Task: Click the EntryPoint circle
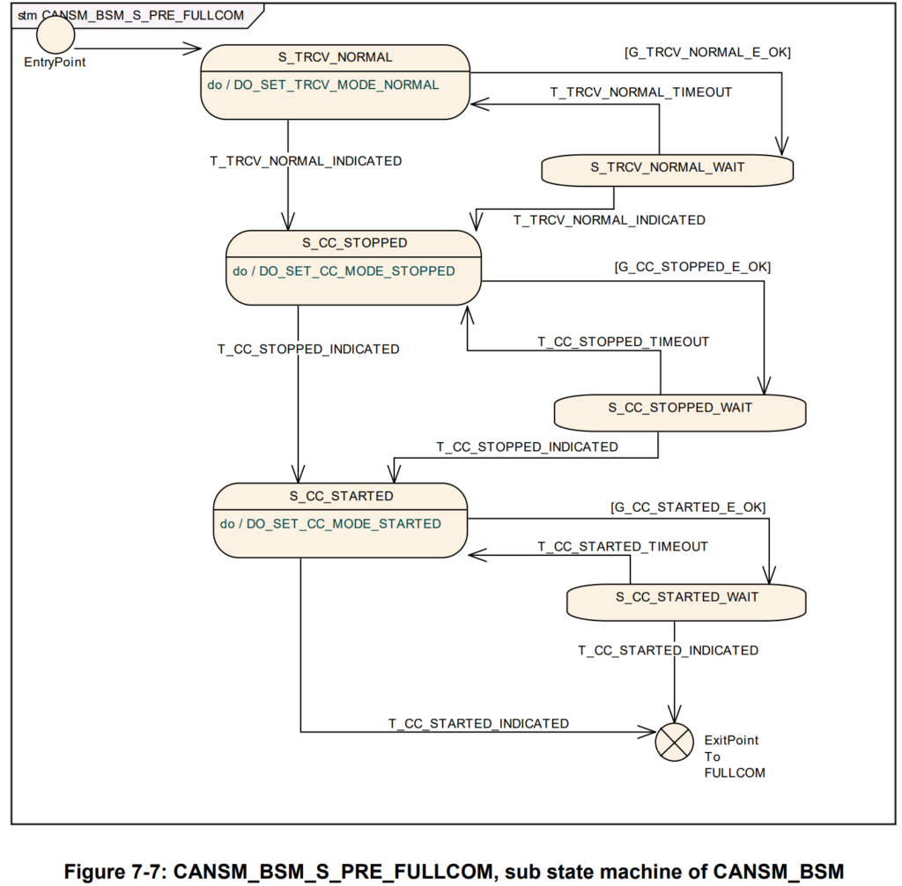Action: coord(55,34)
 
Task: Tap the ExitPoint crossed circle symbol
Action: coord(674,742)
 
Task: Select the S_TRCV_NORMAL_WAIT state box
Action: coord(668,170)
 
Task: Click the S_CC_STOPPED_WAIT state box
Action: coord(680,412)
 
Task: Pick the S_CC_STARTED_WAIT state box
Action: coord(686,602)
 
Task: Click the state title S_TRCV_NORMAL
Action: coord(336,57)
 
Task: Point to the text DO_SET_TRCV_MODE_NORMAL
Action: coord(336,85)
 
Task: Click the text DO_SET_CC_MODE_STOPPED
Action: coord(357,271)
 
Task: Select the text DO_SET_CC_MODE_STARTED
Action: coord(344,523)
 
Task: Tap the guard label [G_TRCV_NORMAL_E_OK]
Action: coord(707,52)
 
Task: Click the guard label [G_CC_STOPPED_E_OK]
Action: coord(692,267)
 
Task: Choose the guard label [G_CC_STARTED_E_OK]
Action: coord(688,507)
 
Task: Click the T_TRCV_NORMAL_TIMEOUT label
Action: coord(641,92)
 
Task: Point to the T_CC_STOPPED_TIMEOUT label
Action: coord(623,342)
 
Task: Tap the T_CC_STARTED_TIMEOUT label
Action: coord(623,546)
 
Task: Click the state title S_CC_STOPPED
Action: coord(355,243)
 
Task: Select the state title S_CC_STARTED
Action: coord(342,496)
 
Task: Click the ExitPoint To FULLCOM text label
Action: coord(735,756)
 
